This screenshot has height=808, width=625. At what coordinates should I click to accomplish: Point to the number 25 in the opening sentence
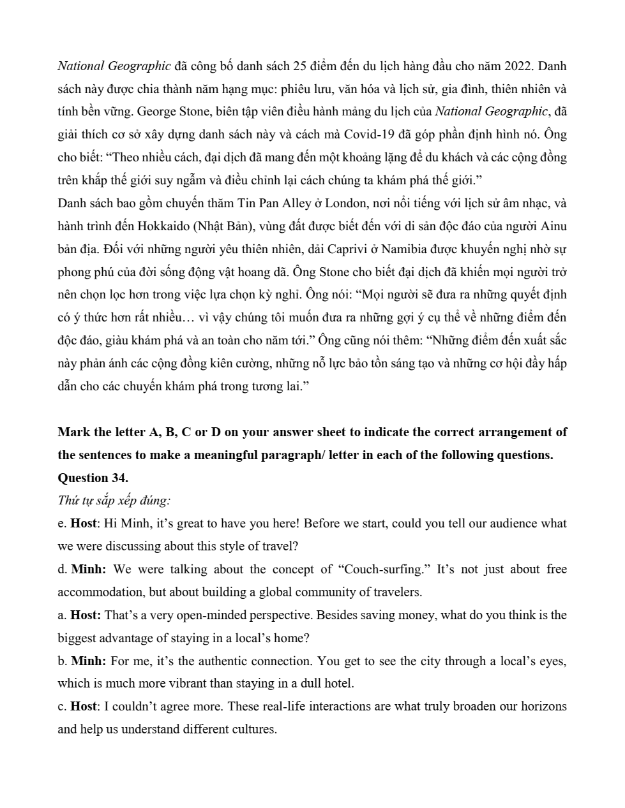point(300,66)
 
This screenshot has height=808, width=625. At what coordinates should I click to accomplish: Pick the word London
point(345,203)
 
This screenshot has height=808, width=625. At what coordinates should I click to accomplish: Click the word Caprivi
point(258,249)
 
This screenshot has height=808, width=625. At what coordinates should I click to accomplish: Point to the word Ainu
point(553,226)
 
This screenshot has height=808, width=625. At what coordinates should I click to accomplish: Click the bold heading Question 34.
point(93,478)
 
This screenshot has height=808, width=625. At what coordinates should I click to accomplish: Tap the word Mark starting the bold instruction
point(72,432)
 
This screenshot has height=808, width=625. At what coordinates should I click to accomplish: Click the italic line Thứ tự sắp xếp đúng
point(114,501)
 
